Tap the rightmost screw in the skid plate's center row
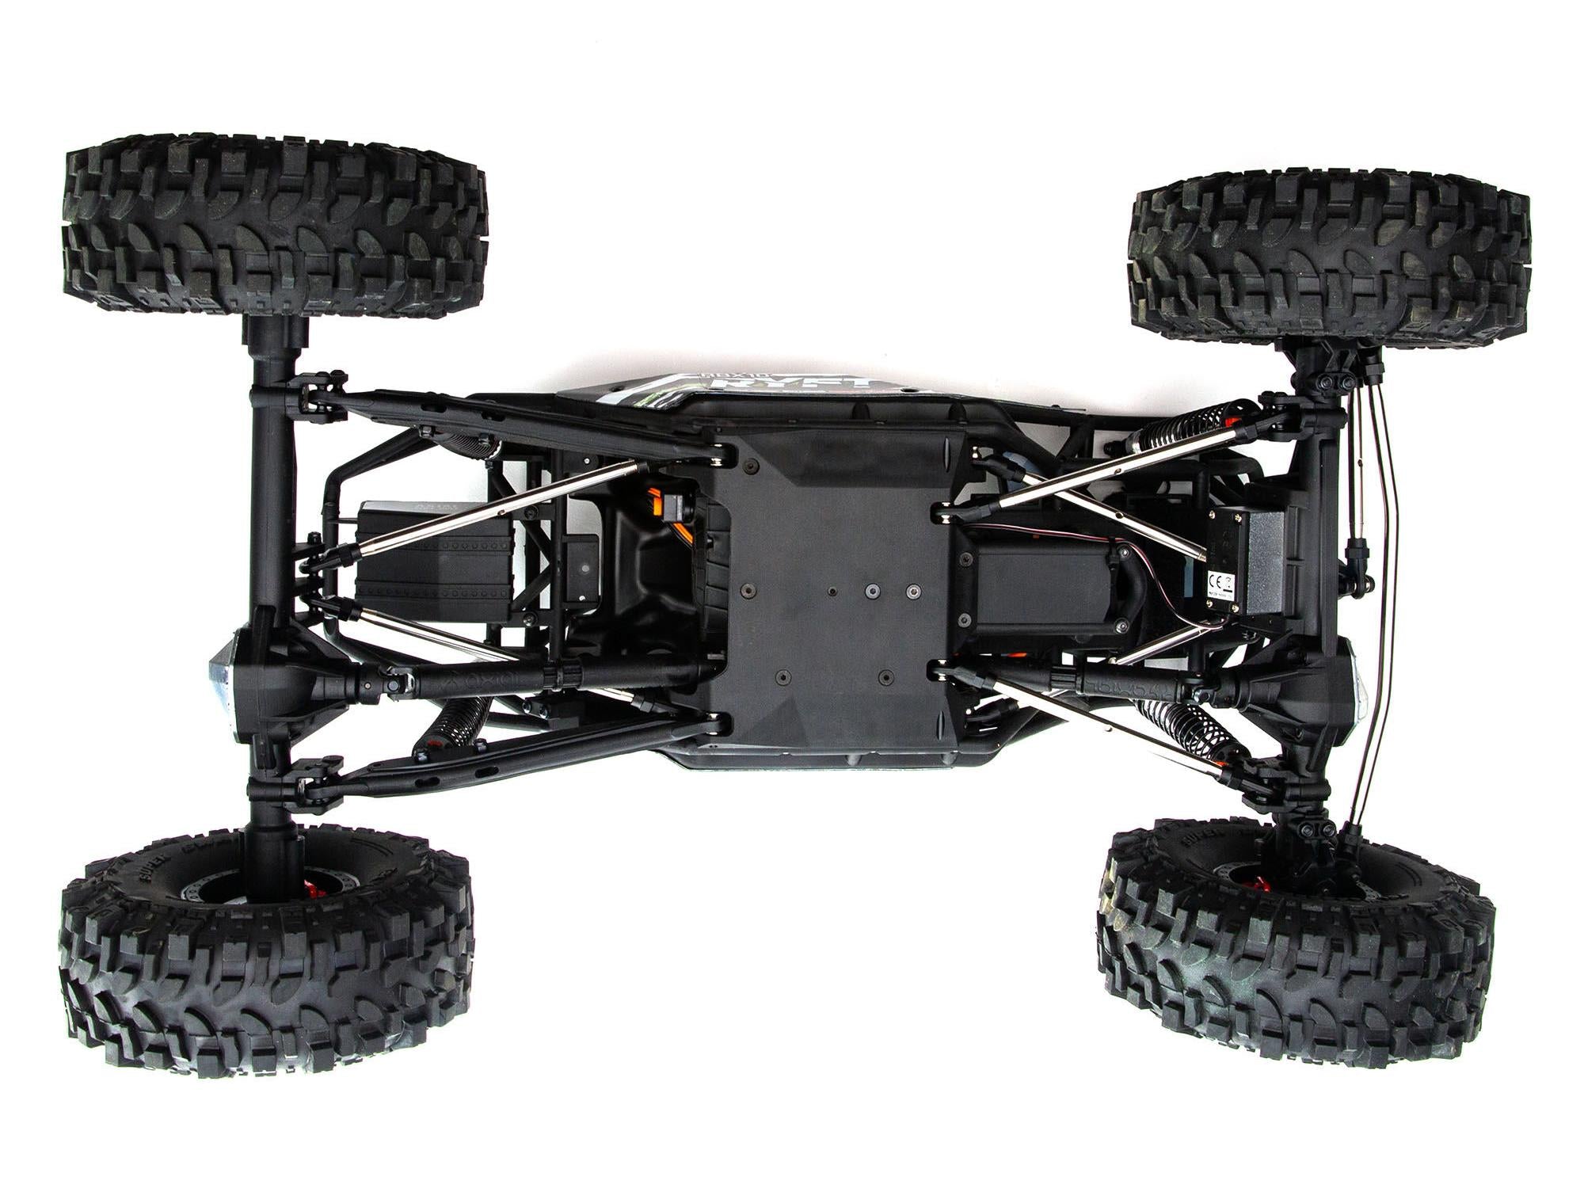[x=913, y=591]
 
